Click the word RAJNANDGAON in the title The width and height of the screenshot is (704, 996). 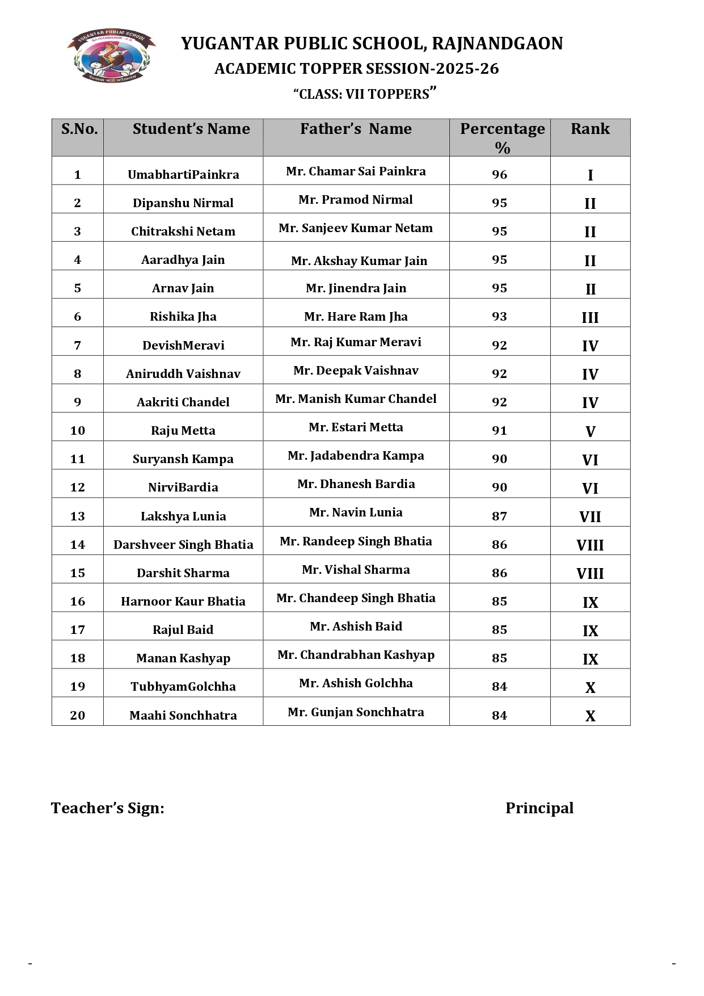[498, 44]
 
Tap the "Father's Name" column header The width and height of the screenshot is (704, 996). [356, 129]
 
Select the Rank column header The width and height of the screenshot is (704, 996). [590, 129]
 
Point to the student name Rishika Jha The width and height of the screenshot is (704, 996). [183, 317]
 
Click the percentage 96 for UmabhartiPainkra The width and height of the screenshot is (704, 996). [499, 175]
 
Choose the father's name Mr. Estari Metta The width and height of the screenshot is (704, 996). [356, 427]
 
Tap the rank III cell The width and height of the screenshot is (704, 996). [590, 318]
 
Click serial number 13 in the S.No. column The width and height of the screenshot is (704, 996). [77, 516]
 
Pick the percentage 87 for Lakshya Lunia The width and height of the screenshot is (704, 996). [499, 516]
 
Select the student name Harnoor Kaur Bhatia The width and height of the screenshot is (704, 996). [183, 602]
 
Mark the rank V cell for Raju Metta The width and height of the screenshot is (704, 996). [590, 432]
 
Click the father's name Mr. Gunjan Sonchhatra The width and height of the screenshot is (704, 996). [356, 712]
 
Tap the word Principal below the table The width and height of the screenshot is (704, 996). [539, 808]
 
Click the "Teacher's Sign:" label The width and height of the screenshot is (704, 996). [108, 808]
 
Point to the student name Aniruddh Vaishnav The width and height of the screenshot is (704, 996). [183, 374]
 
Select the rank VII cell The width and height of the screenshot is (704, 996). [590, 517]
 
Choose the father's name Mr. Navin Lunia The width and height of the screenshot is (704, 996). [356, 512]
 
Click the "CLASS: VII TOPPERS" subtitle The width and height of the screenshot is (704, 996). [364, 94]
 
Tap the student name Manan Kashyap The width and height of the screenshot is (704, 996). [183, 658]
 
